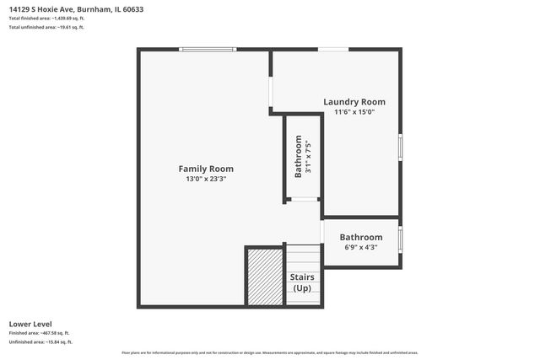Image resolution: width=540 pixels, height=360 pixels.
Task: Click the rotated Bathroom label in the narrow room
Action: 298,157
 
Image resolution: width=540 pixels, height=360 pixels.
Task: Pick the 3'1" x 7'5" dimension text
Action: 309,157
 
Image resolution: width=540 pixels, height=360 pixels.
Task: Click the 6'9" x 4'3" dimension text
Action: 360,248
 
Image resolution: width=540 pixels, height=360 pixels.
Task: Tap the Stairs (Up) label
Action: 302,282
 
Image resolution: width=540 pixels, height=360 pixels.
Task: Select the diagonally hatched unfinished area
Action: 263,277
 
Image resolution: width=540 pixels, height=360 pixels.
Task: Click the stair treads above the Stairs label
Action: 302,256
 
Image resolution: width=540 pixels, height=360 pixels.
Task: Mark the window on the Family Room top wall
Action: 208,50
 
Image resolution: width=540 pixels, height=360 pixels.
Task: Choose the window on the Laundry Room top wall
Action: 333,50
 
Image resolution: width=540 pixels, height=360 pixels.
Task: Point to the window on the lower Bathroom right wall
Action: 400,239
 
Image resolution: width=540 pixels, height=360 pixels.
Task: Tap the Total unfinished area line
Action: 46,27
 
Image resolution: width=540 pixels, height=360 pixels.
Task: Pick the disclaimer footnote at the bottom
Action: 269,352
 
